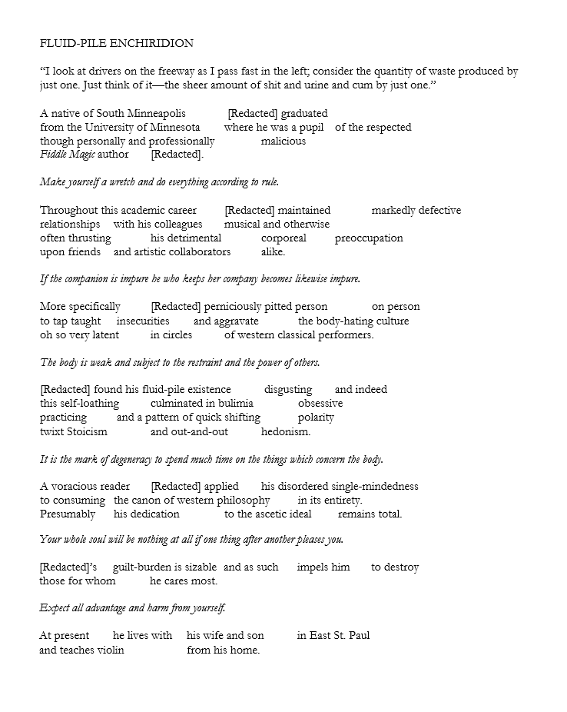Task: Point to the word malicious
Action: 283,141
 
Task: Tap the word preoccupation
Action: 369,238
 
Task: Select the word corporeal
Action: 283,238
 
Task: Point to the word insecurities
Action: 143,321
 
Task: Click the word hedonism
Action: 286,431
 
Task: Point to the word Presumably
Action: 68,514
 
